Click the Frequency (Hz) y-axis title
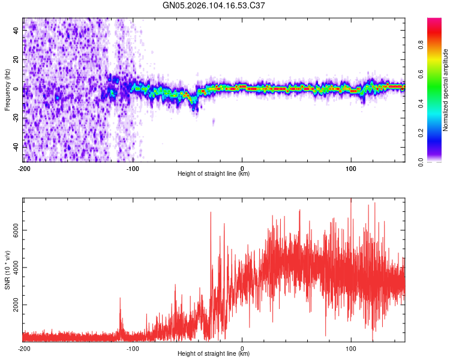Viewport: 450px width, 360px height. click(7, 89)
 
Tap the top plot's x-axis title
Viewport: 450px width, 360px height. click(214, 174)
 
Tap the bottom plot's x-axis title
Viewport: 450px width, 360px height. click(214, 354)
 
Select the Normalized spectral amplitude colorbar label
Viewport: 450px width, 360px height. click(445, 90)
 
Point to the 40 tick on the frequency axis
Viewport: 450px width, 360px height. click(16, 31)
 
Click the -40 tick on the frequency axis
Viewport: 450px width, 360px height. click(16, 147)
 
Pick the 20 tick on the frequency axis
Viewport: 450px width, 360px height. click(16, 60)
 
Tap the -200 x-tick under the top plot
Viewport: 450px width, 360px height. click(23, 168)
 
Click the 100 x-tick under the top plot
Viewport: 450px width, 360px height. click(351, 168)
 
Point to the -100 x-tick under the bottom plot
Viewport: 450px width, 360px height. click(133, 348)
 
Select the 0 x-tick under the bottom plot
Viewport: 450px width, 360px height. click(242, 348)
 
